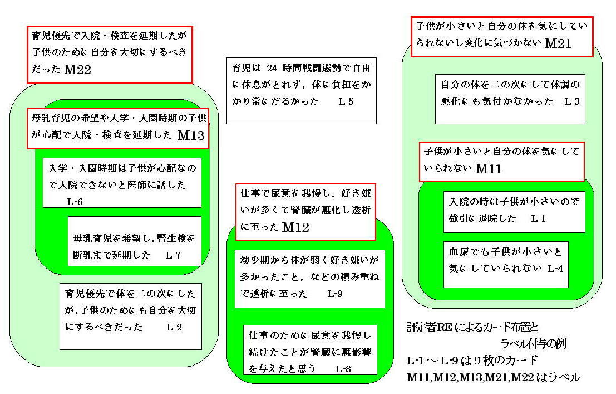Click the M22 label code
(x=77, y=70)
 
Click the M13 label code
(x=191, y=135)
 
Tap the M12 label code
(x=295, y=227)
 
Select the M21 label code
(x=558, y=43)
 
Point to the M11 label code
(x=489, y=169)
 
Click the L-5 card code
(x=346, y=101)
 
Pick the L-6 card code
(x=75, y=202)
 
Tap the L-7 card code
(x=173, y=255)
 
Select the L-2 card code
(x=174, y=327)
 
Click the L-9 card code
(x=335, y=294)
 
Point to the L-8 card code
(x=343, y=369)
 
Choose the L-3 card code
(x=572, y=101)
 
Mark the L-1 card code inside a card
(x=538, y=218)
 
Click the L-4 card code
(x=555, y=269)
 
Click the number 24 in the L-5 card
(x=272, y=68)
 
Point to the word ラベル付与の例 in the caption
(x=533, y=344)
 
